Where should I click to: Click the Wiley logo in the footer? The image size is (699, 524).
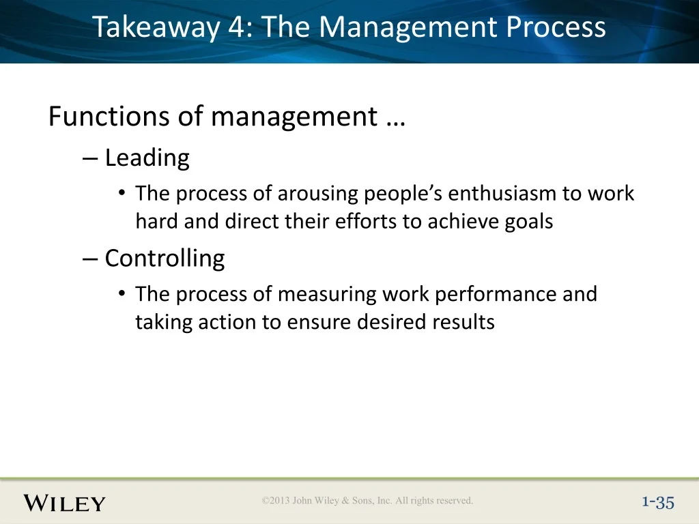point(64,503)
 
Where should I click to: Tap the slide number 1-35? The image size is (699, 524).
point(658,503)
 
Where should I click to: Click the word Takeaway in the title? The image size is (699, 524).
point(156,27)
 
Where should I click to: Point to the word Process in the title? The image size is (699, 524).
point(556,27)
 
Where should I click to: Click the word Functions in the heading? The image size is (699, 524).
point(109,116)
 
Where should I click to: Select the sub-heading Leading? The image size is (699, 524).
point(147,158)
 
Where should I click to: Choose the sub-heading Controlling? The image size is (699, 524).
point(165,259)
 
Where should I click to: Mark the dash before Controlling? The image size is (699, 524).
point(90,260)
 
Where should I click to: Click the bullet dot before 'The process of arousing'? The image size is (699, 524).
point(122,193)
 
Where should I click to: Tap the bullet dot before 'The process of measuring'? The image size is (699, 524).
point(122,293)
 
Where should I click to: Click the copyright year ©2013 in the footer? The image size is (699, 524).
point(276,500)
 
